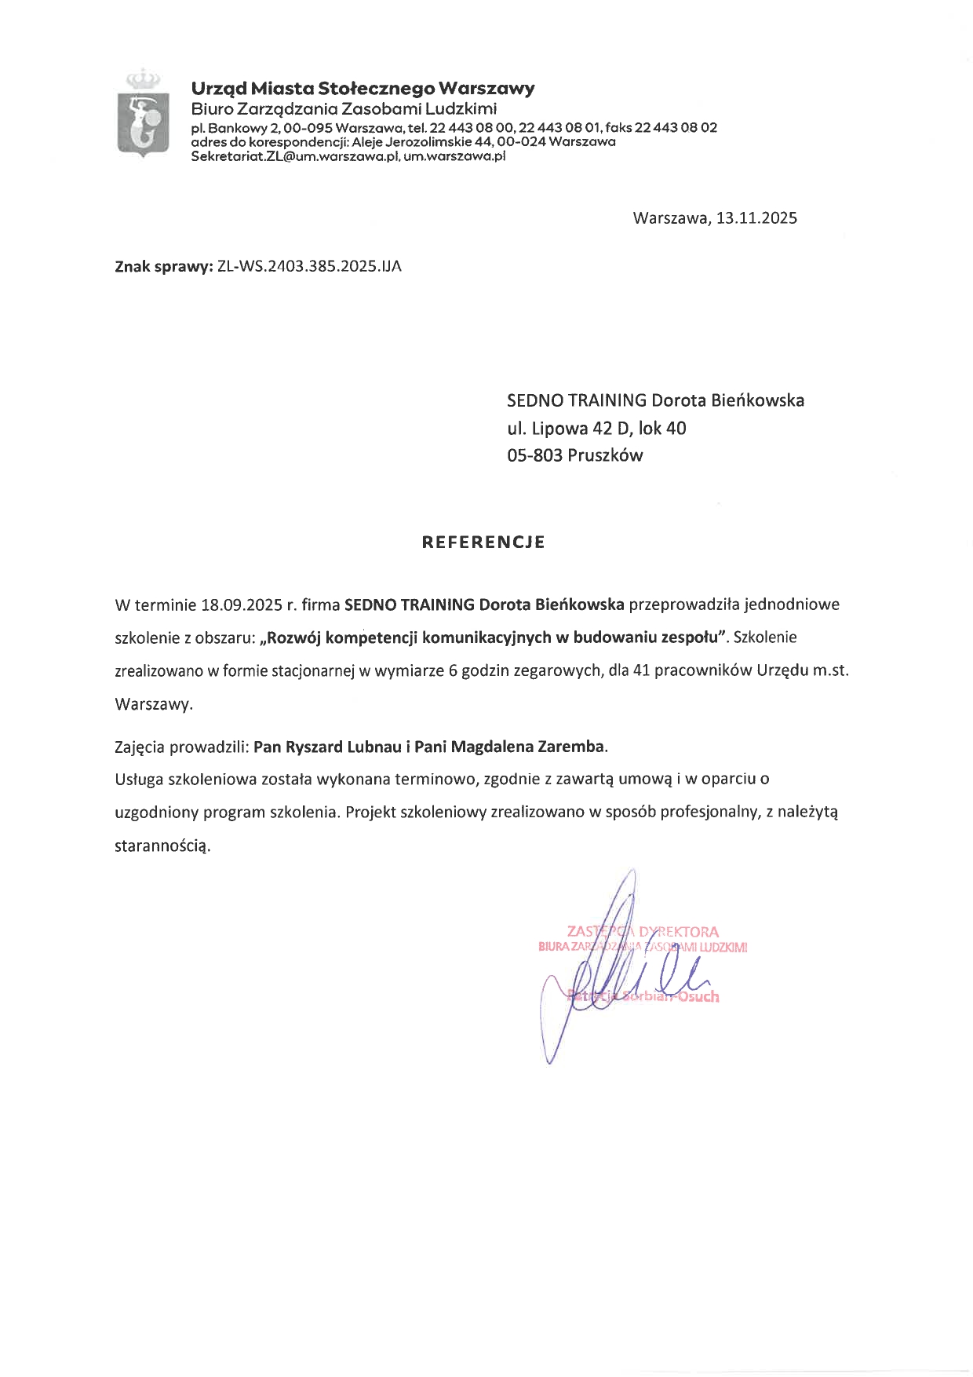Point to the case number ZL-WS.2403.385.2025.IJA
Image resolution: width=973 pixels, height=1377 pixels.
point(309,266)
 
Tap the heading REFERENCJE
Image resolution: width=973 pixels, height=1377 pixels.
point(483,542)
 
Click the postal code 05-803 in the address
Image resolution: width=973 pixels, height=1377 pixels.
point(534,455)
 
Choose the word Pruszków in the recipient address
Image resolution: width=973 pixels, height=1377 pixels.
point(605,455)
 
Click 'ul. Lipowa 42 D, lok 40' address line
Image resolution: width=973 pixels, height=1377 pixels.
point(596,428)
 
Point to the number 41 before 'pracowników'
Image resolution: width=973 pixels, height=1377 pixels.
point(640,670)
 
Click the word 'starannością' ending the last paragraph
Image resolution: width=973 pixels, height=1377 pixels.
point(163,846)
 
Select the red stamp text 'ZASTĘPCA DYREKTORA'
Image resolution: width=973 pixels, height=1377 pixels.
point(643,932)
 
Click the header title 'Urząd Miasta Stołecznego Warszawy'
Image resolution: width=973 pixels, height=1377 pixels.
point(363,88)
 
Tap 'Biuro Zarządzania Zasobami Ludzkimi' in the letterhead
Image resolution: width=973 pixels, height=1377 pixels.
point(344,108)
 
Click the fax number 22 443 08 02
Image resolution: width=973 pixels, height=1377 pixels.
point(676,127)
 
